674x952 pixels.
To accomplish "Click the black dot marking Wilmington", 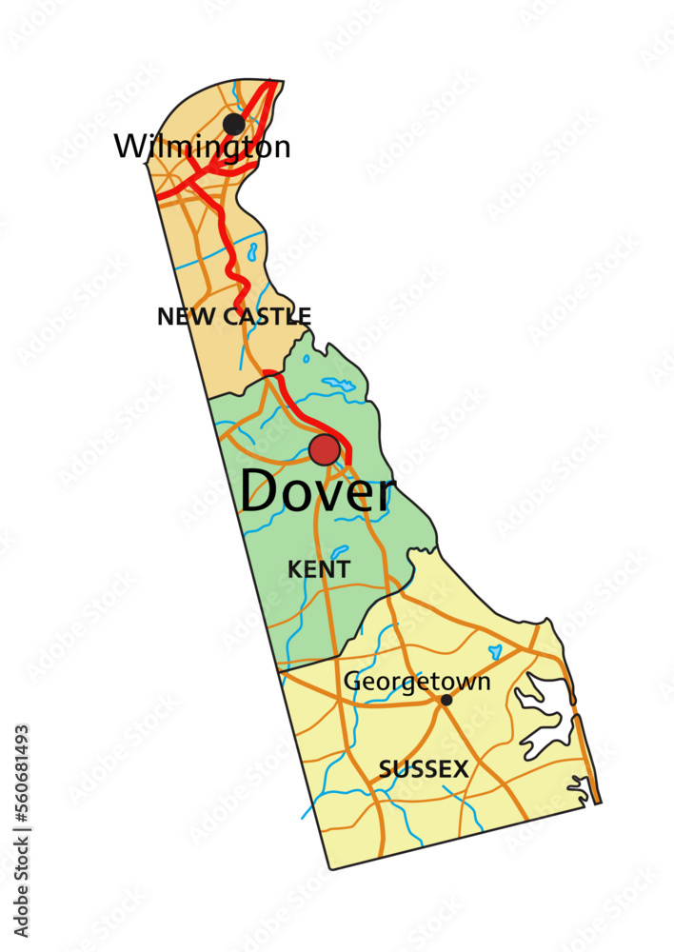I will point(233,124).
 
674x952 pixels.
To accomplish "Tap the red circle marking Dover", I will point(325,449).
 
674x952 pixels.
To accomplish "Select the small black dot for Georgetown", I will point(446,700).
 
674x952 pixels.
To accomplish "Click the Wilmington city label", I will point(202,147).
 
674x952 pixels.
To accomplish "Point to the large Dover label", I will point(316,492).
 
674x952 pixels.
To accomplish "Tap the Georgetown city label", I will point(417,682).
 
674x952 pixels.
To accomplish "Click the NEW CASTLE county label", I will point(234,317).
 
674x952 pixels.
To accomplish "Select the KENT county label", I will point(319,569).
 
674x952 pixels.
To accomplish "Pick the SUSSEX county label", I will point(424,769).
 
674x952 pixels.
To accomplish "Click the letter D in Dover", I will point(261,492).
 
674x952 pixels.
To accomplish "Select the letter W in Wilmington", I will point(129,147).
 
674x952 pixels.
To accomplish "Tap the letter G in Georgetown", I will point(352,682).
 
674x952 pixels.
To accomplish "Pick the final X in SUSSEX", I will point(460,769).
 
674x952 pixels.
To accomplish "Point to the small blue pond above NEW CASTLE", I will point(252,252).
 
